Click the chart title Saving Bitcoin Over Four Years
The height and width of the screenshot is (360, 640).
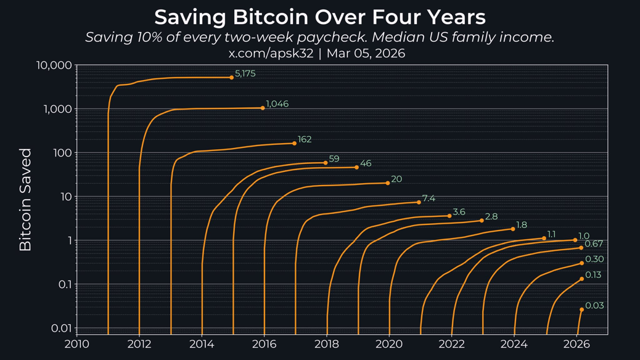click(x=319, y=17)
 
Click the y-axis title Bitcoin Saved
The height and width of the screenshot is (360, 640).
click(x=25, y=199)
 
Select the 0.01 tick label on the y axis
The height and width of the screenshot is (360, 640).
click(x=60, y=328)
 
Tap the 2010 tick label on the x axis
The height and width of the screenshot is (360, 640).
click(x=76, y=344)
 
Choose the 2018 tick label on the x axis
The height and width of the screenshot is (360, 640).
click(x=326, y=344)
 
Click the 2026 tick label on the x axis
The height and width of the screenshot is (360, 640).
click(x=576, y=344)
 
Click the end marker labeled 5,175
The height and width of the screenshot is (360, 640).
click(x=232, y=78)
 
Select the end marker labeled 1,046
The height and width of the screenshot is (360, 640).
click(x=263, y=108)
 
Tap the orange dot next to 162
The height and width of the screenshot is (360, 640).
click(x=294, y=143)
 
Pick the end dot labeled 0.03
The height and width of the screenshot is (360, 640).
click(x=581, y=309)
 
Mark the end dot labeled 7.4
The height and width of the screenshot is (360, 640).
click(x=419, y=202)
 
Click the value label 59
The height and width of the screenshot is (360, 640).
click(x=334, y=159)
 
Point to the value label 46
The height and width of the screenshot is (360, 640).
click(x=366, y=163)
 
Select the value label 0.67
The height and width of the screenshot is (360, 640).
click(x=594, y=244)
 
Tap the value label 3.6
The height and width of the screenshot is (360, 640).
click(x=459, y=212)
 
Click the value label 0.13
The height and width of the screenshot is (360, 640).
click(x=593, y=275)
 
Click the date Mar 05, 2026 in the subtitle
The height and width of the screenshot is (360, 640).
click(x=366, y=54)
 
